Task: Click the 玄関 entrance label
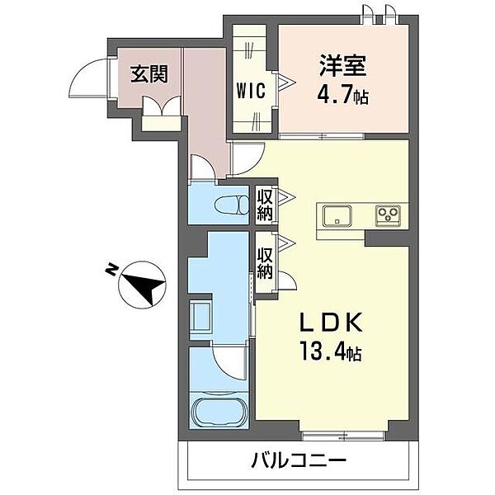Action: point(148,73)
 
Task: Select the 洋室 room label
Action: point(342,65)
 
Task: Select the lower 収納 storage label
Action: point(264,262)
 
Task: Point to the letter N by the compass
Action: point(110,269)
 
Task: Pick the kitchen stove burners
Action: point(388,216)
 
